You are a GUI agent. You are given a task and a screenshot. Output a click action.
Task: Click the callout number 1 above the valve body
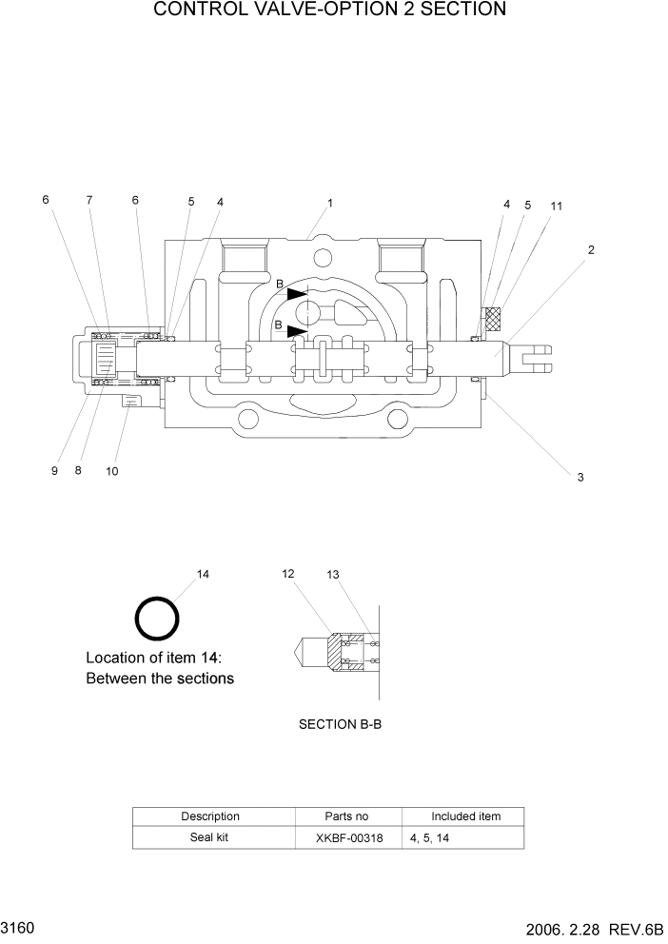329,203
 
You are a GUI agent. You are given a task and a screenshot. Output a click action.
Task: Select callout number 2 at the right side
591,250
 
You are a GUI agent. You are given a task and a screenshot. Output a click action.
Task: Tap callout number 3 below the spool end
580,477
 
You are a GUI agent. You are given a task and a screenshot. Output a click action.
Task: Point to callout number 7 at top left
89,200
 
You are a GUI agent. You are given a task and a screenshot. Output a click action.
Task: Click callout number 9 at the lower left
55,470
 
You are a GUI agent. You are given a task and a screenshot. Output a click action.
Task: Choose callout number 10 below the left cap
111,471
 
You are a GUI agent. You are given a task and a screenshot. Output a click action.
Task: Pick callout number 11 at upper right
557,206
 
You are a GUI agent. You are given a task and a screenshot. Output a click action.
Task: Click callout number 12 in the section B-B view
287,573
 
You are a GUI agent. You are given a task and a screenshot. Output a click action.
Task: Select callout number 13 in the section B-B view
332,575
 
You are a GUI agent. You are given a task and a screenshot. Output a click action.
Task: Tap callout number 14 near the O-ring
203,574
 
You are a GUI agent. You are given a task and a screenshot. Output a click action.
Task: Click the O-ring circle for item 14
156,619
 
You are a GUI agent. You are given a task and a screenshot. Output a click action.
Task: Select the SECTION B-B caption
340,724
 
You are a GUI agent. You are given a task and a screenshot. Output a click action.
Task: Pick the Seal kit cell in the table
209,837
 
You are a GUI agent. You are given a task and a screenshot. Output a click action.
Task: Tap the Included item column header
465,816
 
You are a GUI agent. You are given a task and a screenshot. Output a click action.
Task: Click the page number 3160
18,926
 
